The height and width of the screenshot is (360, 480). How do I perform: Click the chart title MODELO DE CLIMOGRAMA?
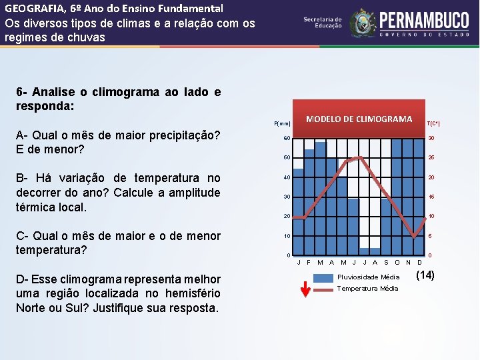click(x=359, y=119)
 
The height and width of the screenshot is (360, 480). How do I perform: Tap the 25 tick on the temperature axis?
click(x=431, y=158)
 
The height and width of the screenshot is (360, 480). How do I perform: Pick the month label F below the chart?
click(x=309, y=262)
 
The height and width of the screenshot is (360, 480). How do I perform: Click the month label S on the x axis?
click(x=386, y=262)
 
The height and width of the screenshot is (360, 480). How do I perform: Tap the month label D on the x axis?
click(x=419, y=262)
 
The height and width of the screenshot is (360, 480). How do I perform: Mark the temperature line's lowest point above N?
click(x=415, y=238)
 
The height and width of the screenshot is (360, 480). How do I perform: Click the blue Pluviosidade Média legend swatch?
click(x=324, y=277)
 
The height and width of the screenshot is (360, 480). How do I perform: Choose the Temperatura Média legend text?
click(x=368, y=289)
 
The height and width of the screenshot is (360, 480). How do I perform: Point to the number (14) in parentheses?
click(x=425, y=275)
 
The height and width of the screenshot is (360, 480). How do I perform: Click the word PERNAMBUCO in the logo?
click(x=423, y=18)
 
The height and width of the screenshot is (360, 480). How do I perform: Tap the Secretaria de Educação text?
click(x=323, y=23)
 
